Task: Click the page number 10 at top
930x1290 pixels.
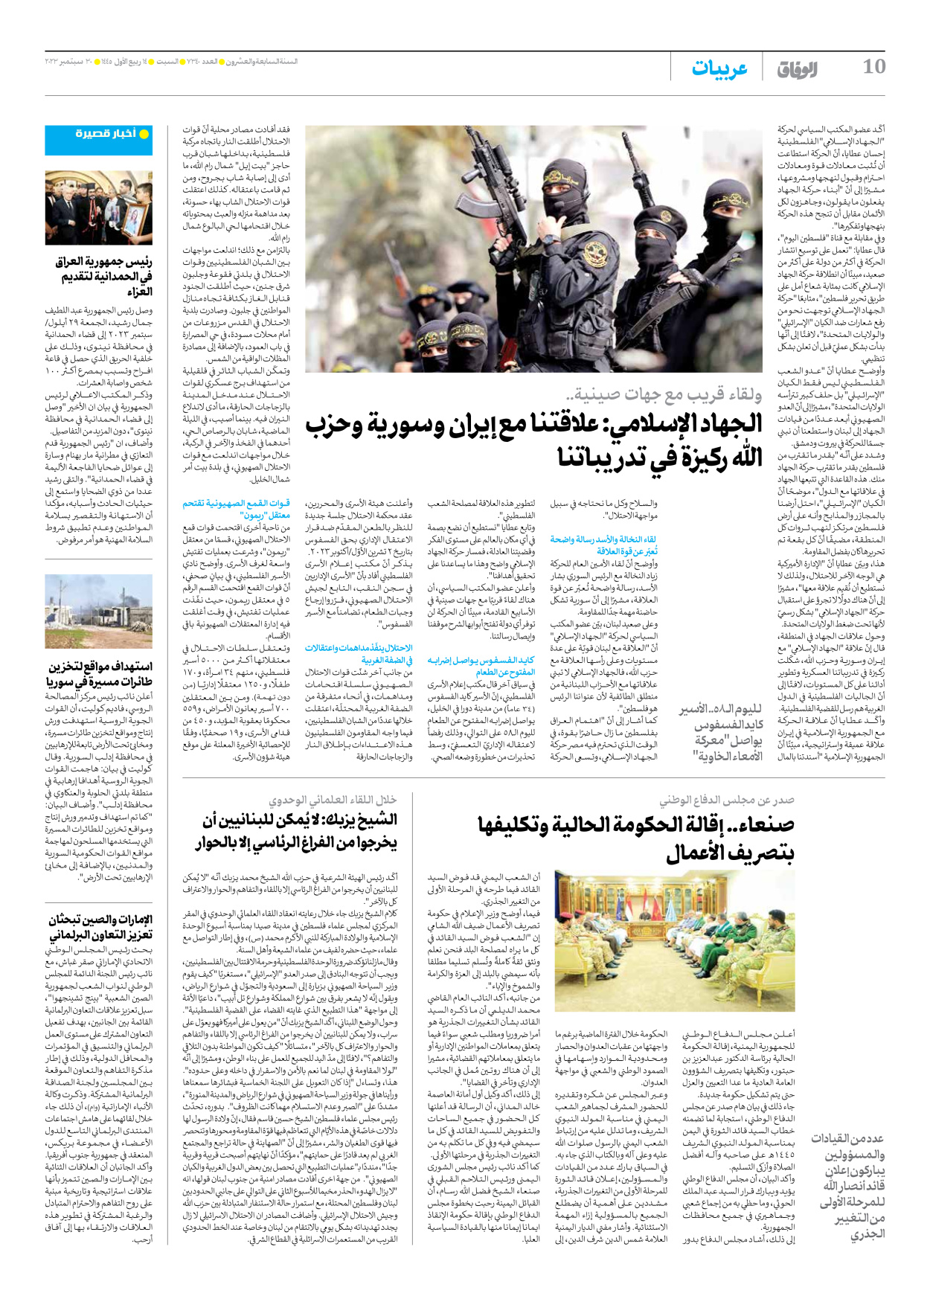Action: (873, 67)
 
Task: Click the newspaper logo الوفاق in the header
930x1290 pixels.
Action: (798, 69)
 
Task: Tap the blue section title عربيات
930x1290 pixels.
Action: (719, 68)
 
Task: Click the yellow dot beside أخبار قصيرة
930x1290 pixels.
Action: (144, 134)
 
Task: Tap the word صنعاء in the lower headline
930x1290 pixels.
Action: (760, 824)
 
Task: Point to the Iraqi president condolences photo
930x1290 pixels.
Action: (98, 208)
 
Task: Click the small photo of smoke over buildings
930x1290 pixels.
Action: (98, 612)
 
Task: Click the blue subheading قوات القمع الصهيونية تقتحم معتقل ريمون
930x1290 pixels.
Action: (237, 509)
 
